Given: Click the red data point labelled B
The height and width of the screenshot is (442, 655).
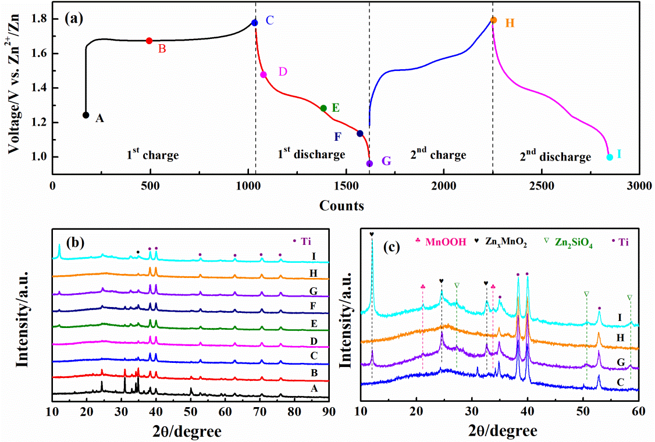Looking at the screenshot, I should point(149,41).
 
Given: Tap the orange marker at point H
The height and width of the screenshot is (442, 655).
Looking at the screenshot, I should point(493,20).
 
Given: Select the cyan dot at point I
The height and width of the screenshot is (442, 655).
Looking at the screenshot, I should point(610,157).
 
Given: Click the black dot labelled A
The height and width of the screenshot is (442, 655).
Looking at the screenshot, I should point(86,115).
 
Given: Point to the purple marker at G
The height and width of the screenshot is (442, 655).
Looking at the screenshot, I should point(369,163).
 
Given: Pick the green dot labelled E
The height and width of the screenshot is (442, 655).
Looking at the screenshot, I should point(323,108).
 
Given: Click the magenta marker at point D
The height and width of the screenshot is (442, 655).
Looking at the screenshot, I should point(264,74).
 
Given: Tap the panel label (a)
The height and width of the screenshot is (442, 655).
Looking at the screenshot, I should point(74,18).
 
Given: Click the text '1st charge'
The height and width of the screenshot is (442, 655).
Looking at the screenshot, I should point(152,155).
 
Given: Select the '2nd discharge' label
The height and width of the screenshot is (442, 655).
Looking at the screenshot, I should point(555,156).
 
